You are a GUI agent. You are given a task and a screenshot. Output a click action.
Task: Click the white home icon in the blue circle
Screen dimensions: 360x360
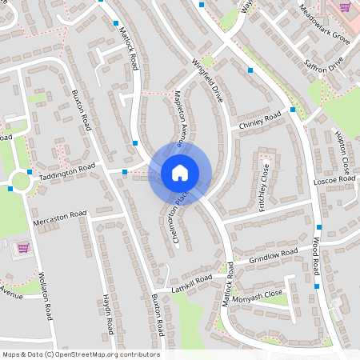pyautogui.click(x=180, y=172)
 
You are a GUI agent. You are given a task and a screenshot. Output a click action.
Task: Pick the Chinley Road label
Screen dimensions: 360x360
pyautogui.click(x=260, y=121)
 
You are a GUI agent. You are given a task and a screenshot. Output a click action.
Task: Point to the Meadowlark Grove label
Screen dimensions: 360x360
pyautogui.click(x=324, y=25)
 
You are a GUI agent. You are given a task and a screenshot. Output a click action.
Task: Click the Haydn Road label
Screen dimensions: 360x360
pyautogui.click(x=108, y=313)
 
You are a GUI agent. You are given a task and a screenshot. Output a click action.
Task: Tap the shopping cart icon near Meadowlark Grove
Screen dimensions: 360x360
pyautogui.click(x=345, y=6)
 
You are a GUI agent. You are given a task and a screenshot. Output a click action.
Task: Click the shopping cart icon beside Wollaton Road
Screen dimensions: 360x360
pyautogui.click(x=22, y=248)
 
